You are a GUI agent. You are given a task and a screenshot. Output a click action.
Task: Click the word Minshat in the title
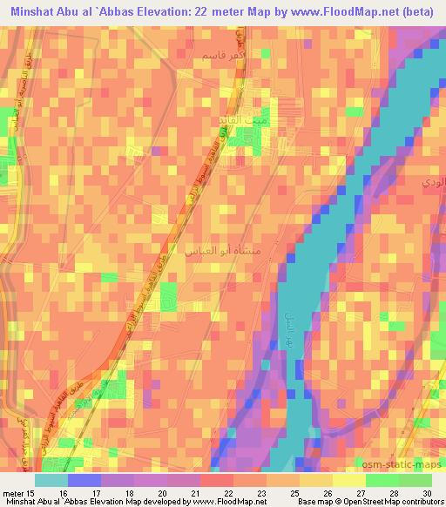pyautogui.click(x=34, y=10)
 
